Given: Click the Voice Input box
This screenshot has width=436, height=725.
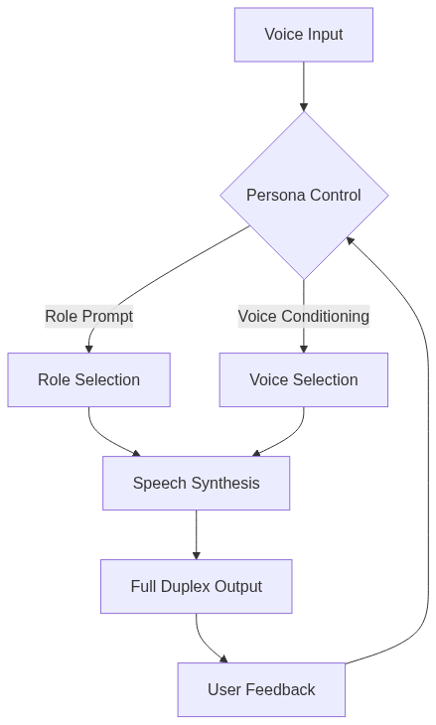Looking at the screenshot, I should tap(303, 35).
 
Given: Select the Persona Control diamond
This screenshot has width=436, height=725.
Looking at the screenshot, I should tap(303, 195).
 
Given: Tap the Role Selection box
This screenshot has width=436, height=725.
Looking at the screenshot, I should tap(88, 379).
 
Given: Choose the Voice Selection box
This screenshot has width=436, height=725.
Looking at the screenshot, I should tap(303, 379).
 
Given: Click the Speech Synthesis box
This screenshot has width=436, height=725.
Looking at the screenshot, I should tap(196, 483).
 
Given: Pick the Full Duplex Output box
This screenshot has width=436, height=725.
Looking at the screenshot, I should tap(196, 586).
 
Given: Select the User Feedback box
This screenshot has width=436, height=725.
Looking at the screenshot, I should tap(261, 689).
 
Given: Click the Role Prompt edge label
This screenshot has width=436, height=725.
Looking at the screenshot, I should tap(88, 316).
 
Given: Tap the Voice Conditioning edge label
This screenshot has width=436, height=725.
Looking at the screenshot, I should tap(303, 316).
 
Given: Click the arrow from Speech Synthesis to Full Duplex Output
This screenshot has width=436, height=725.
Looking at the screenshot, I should tap(196, 534).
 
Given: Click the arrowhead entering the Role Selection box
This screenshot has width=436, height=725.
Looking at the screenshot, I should tap(88, 348).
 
